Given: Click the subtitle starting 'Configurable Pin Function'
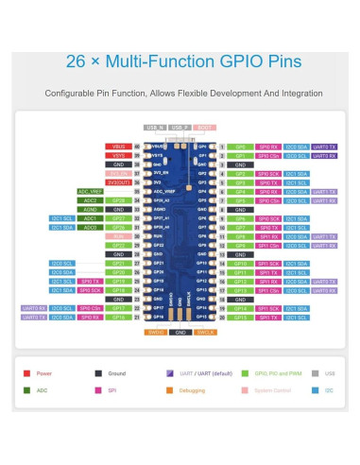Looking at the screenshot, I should click(x=183, y=94).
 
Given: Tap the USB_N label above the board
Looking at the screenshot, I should click(x=154, y=127).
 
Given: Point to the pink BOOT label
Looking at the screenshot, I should click(x=203, y=127).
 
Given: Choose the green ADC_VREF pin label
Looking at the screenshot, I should click(x=90, y=191).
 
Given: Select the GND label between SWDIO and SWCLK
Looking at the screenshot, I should click(x=180, y=332).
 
